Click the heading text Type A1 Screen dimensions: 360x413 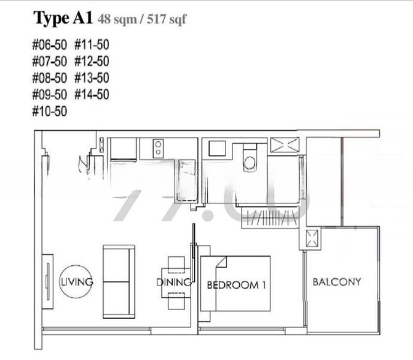62,19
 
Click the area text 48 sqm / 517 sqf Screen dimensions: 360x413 142,20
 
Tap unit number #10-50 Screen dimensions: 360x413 50,111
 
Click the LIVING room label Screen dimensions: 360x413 76,281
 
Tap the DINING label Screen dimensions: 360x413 174,282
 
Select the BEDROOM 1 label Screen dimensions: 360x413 236,285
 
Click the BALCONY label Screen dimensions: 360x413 337,281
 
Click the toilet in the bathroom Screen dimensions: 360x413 249,158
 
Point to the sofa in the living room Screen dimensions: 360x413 118,281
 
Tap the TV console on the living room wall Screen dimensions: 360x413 47,281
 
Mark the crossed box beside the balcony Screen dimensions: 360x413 312,239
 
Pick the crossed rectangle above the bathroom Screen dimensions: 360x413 285,145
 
